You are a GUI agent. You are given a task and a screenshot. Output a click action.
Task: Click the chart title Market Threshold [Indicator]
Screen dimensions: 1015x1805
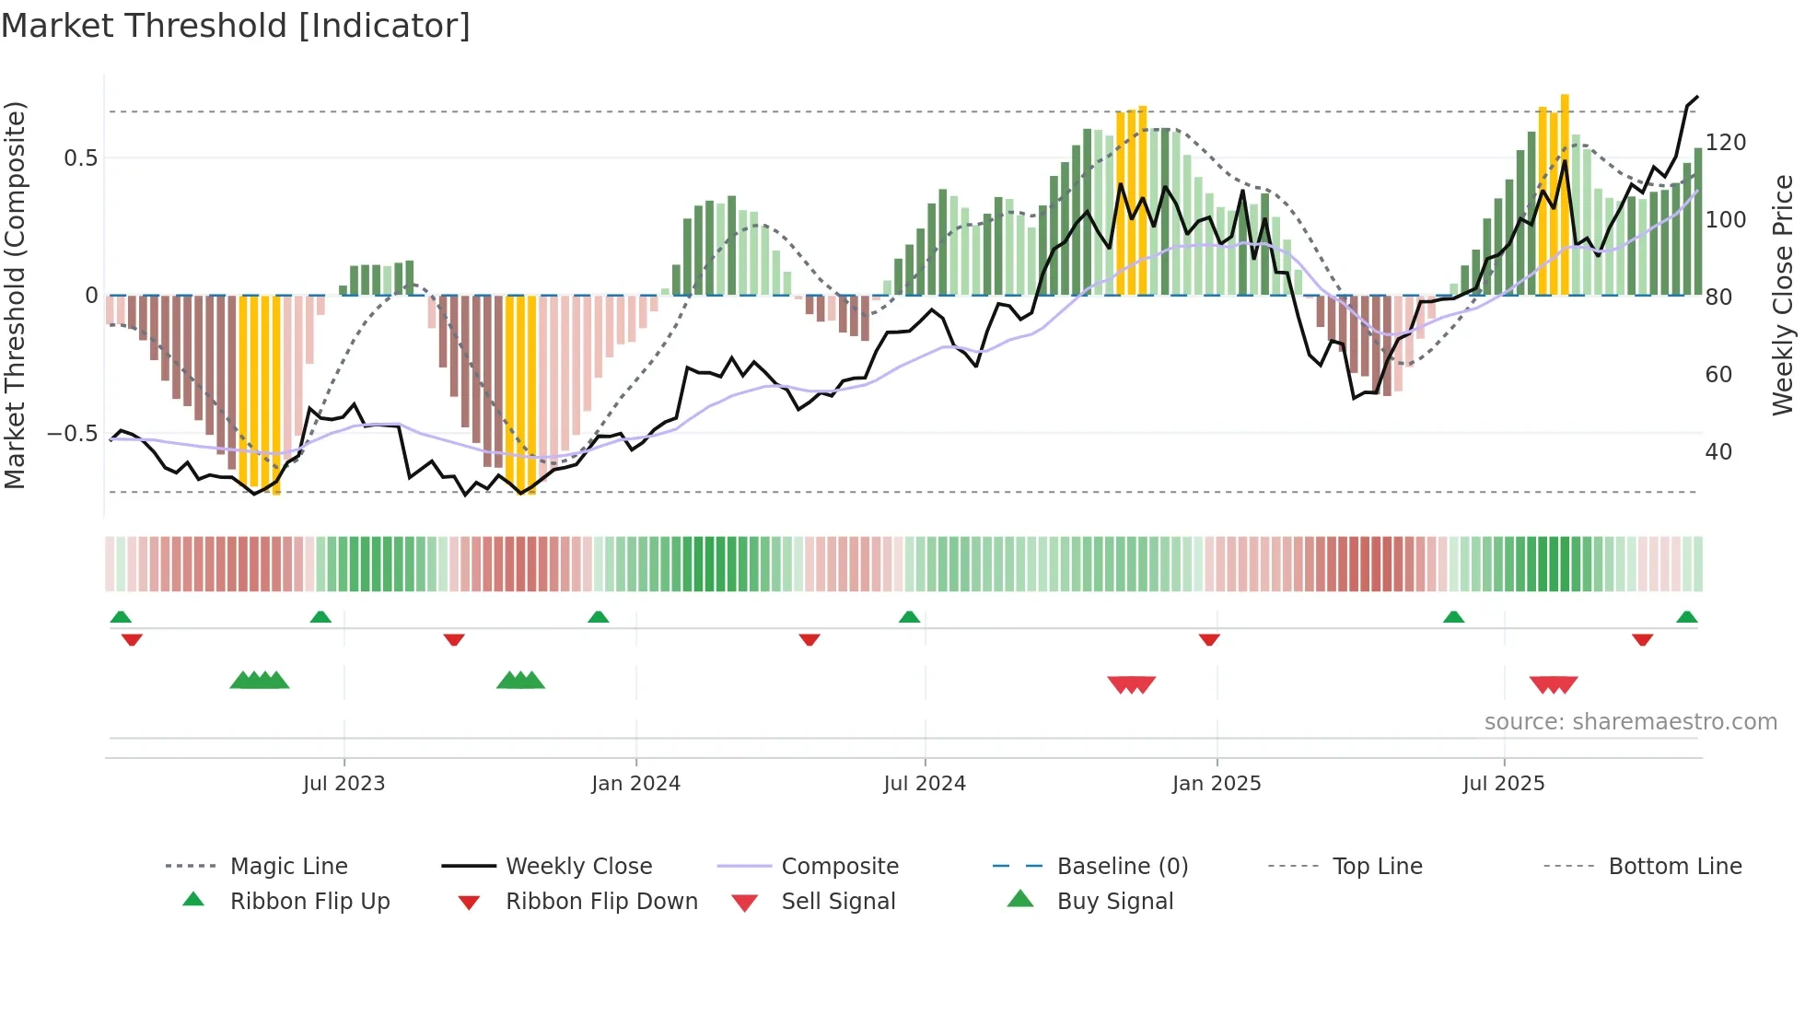click(x=236, y=26)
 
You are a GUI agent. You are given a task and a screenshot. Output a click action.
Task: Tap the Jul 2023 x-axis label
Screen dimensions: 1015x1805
click(x=344, y=784)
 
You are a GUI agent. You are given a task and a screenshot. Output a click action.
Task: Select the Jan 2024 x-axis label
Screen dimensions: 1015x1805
click(x=635, y=784)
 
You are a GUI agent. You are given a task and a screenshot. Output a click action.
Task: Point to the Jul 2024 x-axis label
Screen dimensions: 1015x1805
click(x=925, y=784)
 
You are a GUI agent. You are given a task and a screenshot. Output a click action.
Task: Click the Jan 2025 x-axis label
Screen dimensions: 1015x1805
click(x=1217, y=784)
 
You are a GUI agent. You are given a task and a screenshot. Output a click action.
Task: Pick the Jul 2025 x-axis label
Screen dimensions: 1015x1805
click(x=1504, y=784)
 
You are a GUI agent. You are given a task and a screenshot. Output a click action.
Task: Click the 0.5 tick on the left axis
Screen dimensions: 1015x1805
click(x=80, y=158)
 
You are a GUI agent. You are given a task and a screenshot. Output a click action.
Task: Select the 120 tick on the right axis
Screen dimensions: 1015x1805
click(x=1726, y=143)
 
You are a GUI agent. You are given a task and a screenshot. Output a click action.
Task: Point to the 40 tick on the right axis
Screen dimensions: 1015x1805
click(x=1718, y=452)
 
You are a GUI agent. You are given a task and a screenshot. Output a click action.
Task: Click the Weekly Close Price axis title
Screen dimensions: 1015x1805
click(x=1783, y=295)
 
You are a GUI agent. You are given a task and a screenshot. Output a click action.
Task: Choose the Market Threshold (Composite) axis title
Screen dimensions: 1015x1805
click(x=15, y=295)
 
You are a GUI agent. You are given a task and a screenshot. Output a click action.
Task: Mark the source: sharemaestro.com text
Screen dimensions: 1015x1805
click(x=1630, y=722)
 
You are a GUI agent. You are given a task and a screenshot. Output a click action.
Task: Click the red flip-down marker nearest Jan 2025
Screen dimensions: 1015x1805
click(x=1209, y=639)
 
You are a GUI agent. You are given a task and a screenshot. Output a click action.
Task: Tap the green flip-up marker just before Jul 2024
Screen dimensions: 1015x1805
click(x=910, y=617)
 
